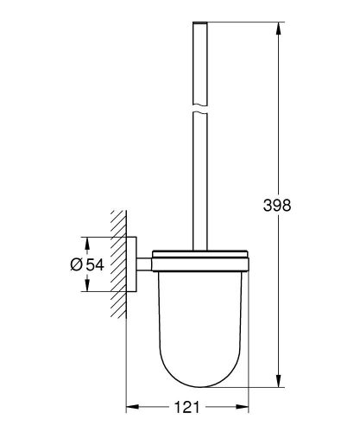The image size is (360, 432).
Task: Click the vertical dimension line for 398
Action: [x=279, y=130]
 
